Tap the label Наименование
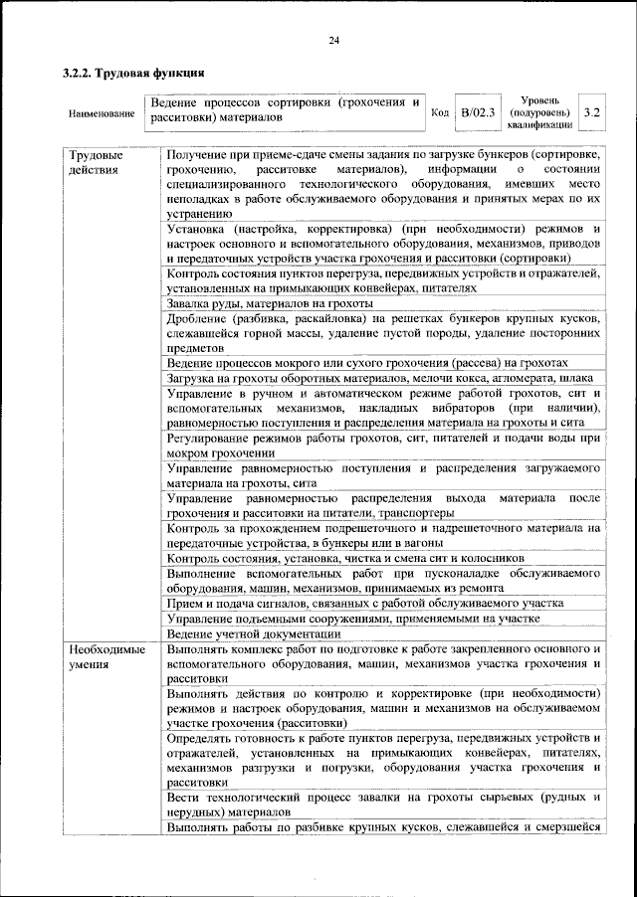coord(102,113)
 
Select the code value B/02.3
coord(478,112)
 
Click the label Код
coord(440,112)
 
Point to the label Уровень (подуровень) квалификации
coord(538,112)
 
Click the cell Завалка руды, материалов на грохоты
coord(270,302)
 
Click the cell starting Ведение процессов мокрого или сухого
coord(367,363)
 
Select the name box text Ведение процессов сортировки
coord(283,102)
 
